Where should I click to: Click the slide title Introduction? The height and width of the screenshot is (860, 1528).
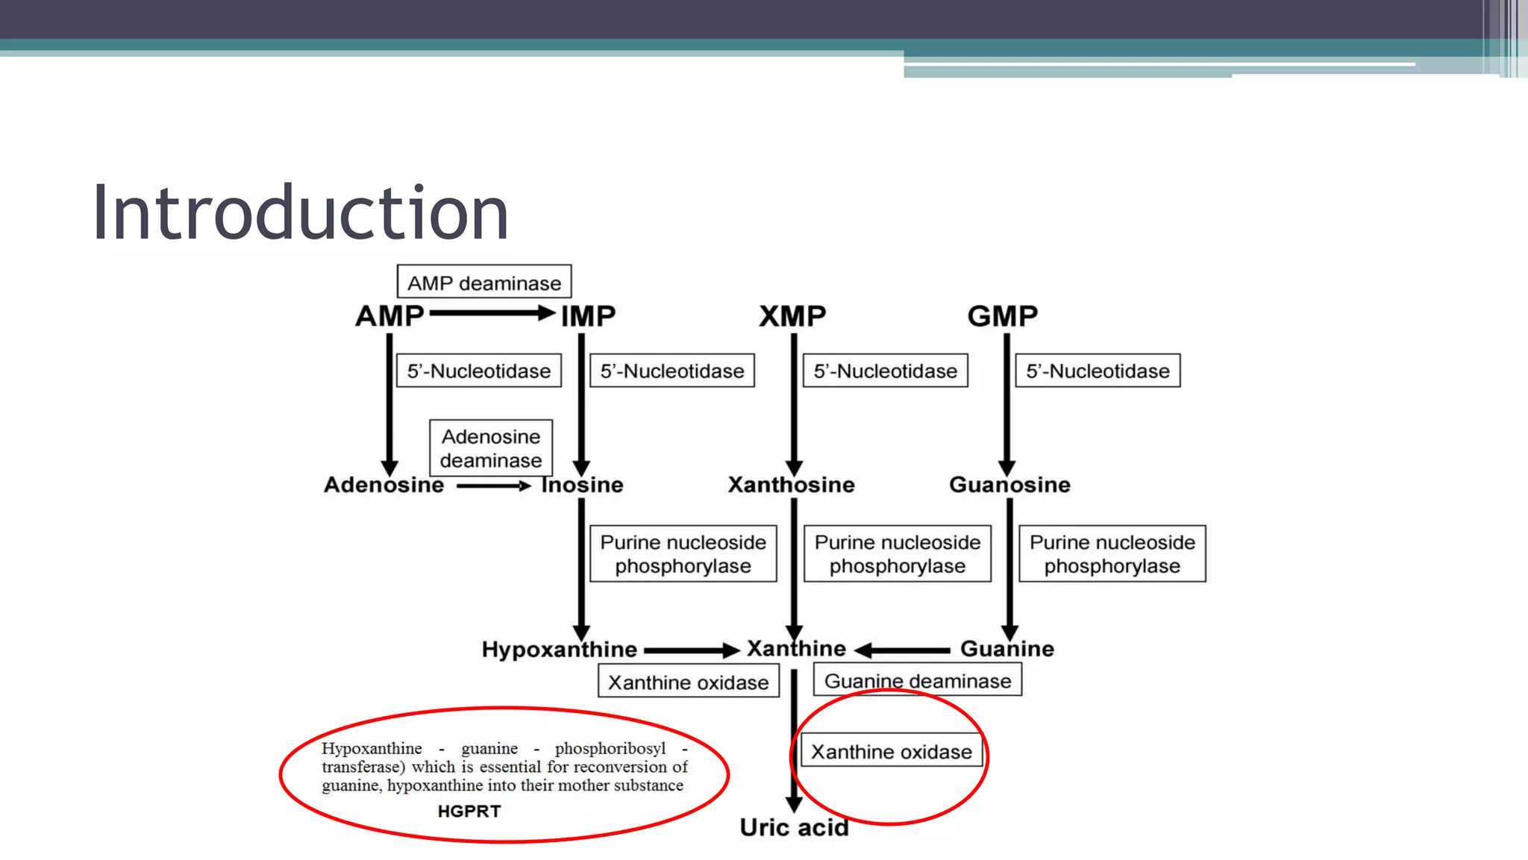[x=300, y=213]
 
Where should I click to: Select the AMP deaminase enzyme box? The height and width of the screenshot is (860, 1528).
[x=483, y=283]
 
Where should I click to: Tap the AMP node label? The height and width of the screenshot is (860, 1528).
[x=389, y=316]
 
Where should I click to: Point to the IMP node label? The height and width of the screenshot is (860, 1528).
[x=588, y=316]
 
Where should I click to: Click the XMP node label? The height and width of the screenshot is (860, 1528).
[x=792, y=316]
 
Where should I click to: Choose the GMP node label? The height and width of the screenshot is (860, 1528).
[x=1002, y=316]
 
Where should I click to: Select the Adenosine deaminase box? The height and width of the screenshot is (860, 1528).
[x=490, y=448]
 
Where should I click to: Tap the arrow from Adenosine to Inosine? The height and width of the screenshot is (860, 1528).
[x=492, y=486]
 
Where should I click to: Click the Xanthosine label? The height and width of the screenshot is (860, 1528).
[x=791, y=485]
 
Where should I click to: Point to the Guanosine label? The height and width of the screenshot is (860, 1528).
[x=1009, y=485]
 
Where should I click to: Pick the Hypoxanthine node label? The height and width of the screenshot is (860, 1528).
[x=559, y=650]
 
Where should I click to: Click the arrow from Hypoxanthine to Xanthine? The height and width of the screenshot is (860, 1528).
[x=691, y=650]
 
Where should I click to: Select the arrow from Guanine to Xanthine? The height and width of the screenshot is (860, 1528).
[x=903, y=650]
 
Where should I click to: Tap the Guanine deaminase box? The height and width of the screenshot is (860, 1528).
[x=917, y=681]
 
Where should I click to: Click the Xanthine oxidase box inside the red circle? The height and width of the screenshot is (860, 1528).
[x=891, y=752]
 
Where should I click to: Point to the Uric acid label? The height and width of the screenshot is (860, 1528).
[x=794, y=827]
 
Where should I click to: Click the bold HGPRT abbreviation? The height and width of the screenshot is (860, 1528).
[x=469, y=812]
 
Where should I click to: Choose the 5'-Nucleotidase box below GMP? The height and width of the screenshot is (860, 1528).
[x=1098, y=371]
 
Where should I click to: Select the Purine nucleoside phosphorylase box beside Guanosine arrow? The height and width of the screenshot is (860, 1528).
[x=1112, y=554]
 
